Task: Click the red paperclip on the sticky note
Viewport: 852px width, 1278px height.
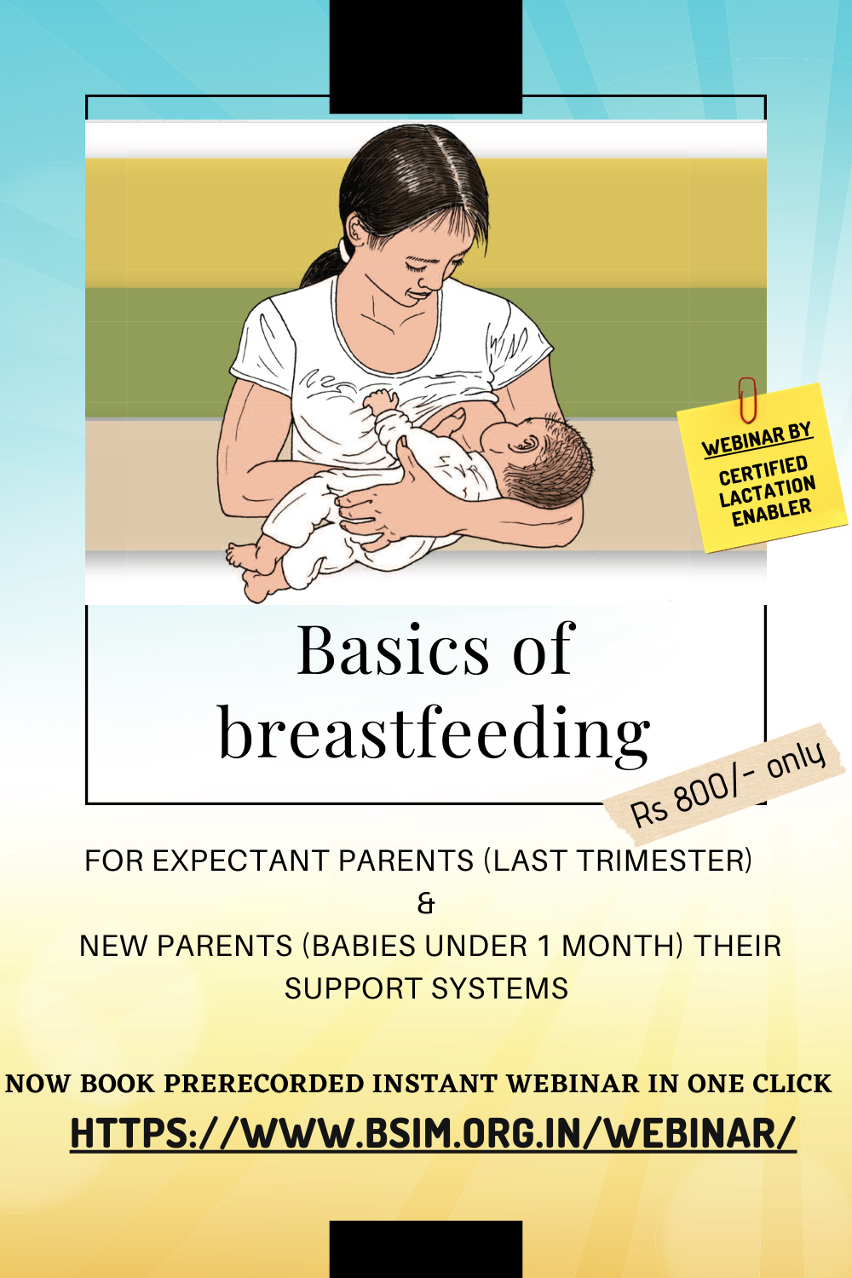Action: [747, 399]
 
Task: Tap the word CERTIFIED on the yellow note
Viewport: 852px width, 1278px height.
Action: [763, 469]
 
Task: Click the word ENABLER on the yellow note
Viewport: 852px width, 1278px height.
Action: [772, 511]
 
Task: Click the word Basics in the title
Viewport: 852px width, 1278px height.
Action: [393, 650]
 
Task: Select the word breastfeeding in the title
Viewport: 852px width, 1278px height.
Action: [435, 733]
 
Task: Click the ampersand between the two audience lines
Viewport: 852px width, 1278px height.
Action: [426, 904]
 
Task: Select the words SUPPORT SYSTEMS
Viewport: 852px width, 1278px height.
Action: [426, 988]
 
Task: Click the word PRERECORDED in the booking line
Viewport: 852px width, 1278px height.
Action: [263, 1084]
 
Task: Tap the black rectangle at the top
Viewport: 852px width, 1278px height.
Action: [426, 56]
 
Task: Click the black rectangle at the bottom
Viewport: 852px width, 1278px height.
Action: [426, 1249]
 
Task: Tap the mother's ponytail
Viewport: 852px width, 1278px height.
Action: [323, 264]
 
